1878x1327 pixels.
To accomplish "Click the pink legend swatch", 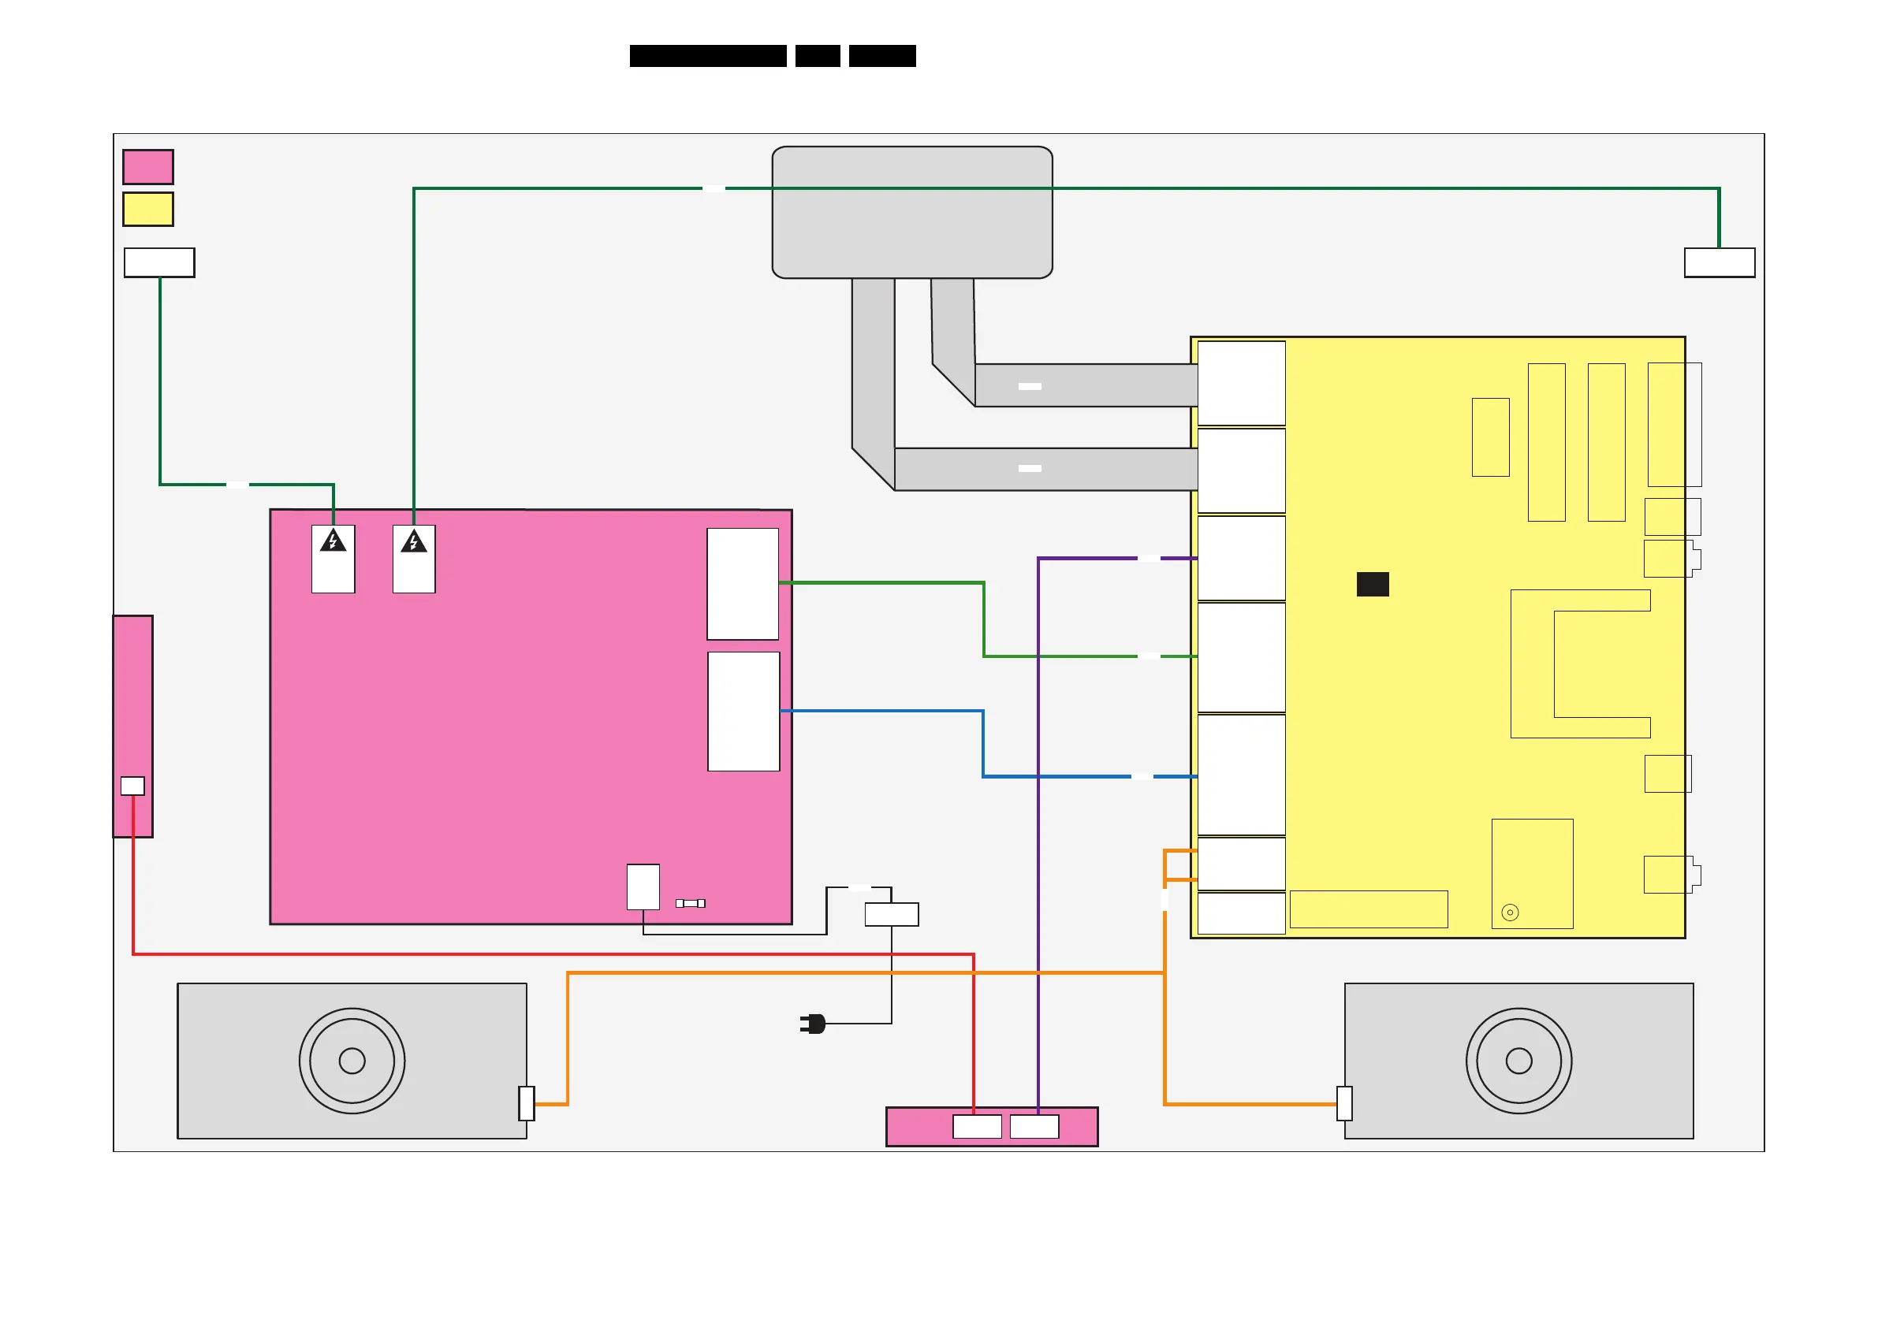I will coord(148,167).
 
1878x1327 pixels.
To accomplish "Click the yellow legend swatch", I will coord(148,210).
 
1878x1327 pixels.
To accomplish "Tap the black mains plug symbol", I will coord(813,1024).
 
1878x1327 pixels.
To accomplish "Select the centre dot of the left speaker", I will coord(352,1061).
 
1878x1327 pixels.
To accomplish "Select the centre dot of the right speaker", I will coord(1519,1061).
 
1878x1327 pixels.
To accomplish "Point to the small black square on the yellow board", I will coord(1373,584).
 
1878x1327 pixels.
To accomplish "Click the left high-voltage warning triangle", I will coord(333,541).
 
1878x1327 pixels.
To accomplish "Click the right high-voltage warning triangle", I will coord(414,541).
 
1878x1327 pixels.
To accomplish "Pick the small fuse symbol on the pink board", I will coord(691,904).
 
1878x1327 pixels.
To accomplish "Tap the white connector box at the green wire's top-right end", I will coord(1720,262).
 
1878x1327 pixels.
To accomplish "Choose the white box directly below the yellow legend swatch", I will coord(159,262).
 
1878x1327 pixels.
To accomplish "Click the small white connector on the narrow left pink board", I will coord(132,786).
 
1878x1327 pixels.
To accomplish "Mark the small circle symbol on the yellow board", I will coord(1510,913).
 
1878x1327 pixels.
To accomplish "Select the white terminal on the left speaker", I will coord(527,1103).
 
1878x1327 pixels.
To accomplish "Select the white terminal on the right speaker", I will coord(1344,1103).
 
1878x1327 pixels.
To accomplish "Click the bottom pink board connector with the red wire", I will coord(977,1127).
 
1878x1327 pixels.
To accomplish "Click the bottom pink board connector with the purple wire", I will coord(1034,1127).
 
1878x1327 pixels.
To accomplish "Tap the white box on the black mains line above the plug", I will coord(892,914).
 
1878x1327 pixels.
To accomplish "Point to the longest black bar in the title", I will coord(708,56).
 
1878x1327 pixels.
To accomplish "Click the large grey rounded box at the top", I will coord(912,213).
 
